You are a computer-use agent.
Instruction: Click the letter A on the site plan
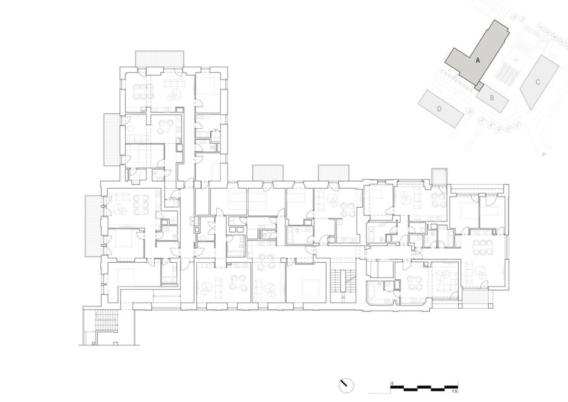pos(478,61)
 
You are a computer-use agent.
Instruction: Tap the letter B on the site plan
pos(492,98)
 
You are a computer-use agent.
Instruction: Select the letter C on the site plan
pos(537,82)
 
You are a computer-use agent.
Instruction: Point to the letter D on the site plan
pos(439,109)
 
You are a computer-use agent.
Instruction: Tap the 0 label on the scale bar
pos(392,383)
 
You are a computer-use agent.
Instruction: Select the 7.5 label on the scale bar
pos(454,392)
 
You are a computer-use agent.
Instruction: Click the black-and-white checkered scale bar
pos(424,387)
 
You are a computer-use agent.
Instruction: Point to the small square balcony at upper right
pos(440,177)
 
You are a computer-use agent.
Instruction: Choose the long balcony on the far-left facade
pos(93,226)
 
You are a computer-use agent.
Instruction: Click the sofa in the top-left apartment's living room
pos(174,84)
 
